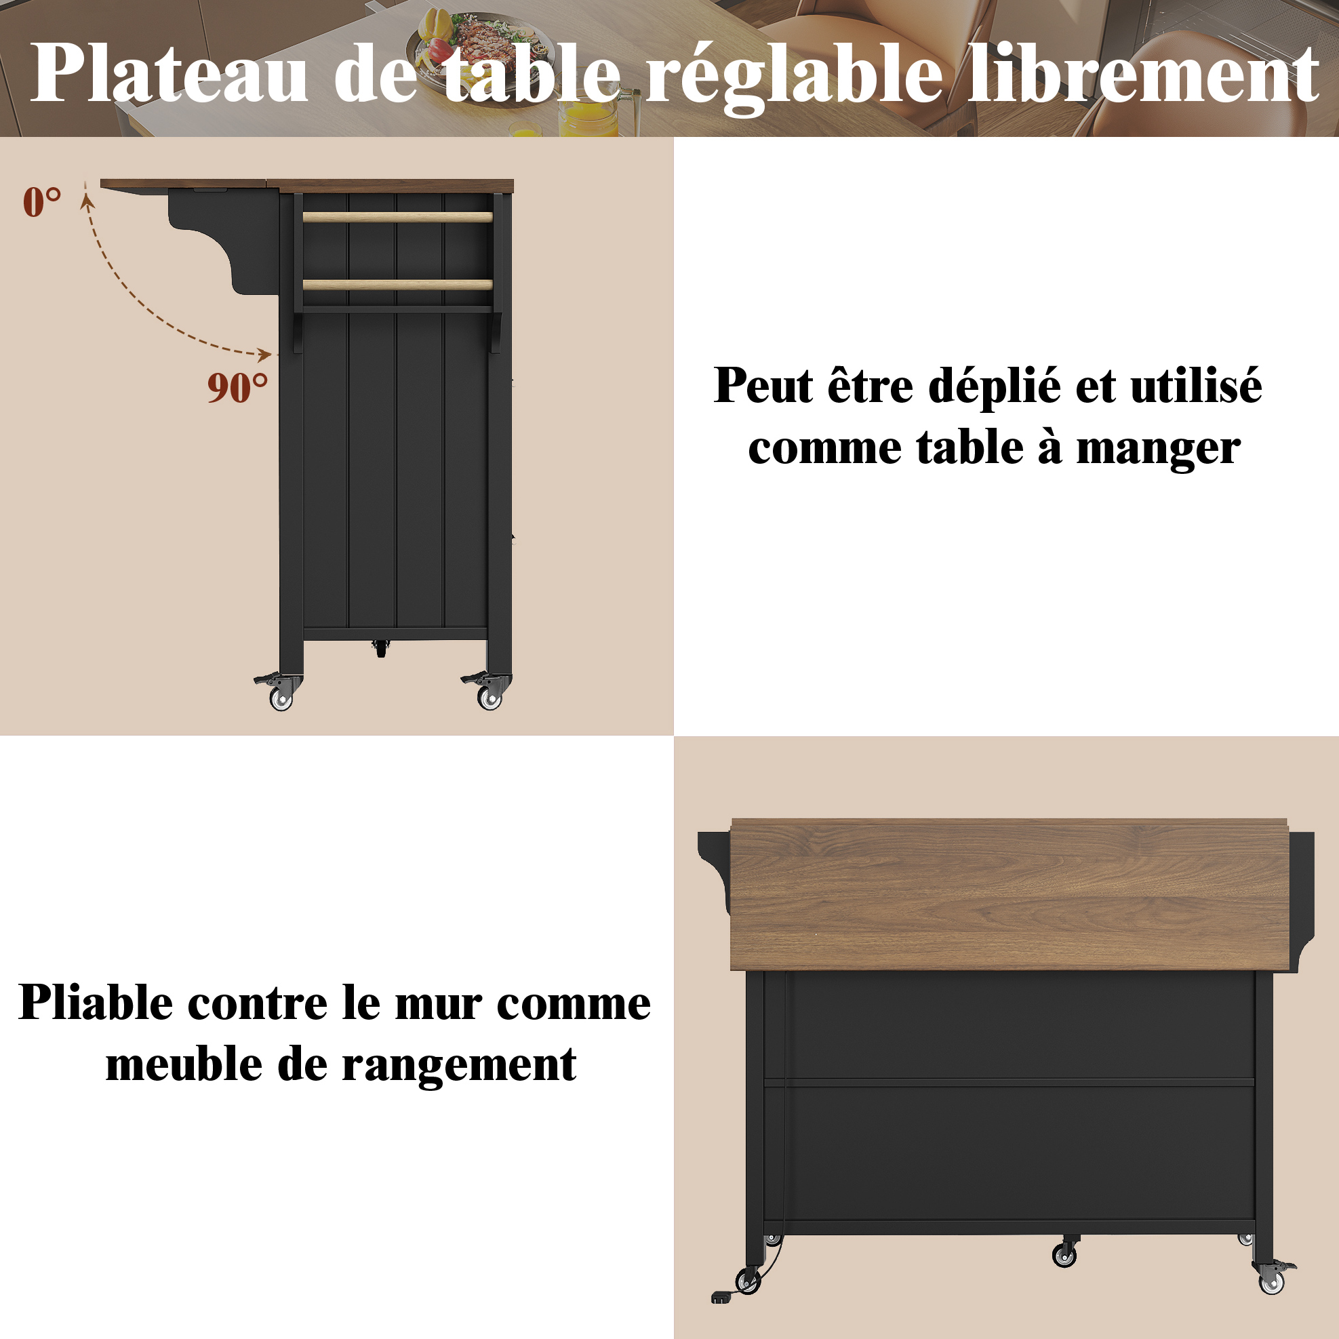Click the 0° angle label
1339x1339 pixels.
pyautogui.click(x=41, y=202)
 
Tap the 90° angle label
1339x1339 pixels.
pyautogui.click(x=237, y=387)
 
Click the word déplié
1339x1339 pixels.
pyautogui.click(x=994, y=386)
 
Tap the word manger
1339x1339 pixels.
pyautogui.click(x=1158, y=449)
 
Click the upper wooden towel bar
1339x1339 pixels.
pyautogui.click(x=398, y=217)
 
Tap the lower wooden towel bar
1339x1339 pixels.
pyautogui.click(x=398, y=284)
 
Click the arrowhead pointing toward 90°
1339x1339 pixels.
pyautogui.click(x=264, y=355)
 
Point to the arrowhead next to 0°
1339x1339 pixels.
pyautogui.click(x=87, y=201)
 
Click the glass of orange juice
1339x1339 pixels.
pyautogui.click(x=588, y=118)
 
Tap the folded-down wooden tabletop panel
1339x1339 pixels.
pyautogui.click(x=1008, y=894)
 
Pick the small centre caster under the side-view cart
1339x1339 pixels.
pyautogui.click(x=380, y=648)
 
